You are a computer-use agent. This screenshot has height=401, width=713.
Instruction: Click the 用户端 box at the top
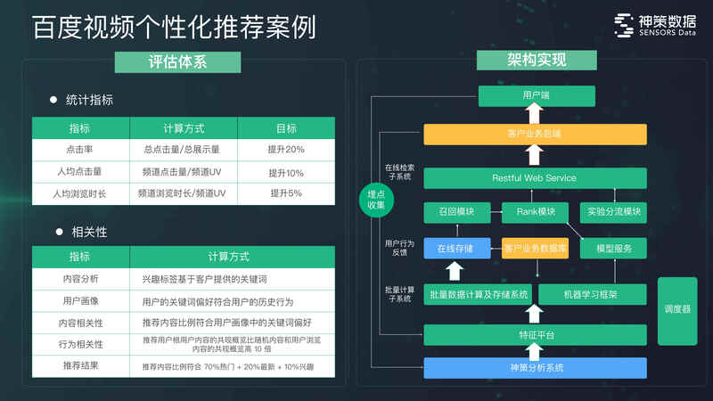click(536, 95)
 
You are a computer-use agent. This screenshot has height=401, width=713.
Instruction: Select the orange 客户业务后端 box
click(535, 134)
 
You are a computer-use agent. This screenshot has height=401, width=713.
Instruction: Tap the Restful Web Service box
click(535, 178)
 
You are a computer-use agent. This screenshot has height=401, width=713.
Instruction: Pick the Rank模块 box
click(536, 212)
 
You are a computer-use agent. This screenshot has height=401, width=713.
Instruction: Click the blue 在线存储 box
click(456, 248)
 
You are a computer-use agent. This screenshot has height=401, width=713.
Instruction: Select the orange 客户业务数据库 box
click(536, 248)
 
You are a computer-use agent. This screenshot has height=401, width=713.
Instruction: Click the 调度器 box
click(677, 309)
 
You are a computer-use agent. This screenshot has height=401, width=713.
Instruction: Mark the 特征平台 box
click(535, 334)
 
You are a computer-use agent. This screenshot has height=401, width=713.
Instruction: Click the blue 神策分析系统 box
click(535, 367)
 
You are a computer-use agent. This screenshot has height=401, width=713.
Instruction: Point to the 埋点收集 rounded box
click(376, 200)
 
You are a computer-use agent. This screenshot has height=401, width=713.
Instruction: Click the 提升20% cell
click(286, 149)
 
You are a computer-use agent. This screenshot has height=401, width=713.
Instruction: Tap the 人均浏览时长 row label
click(80, 193)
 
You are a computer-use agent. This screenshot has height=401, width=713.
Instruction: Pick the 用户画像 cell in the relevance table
click(80, 301)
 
